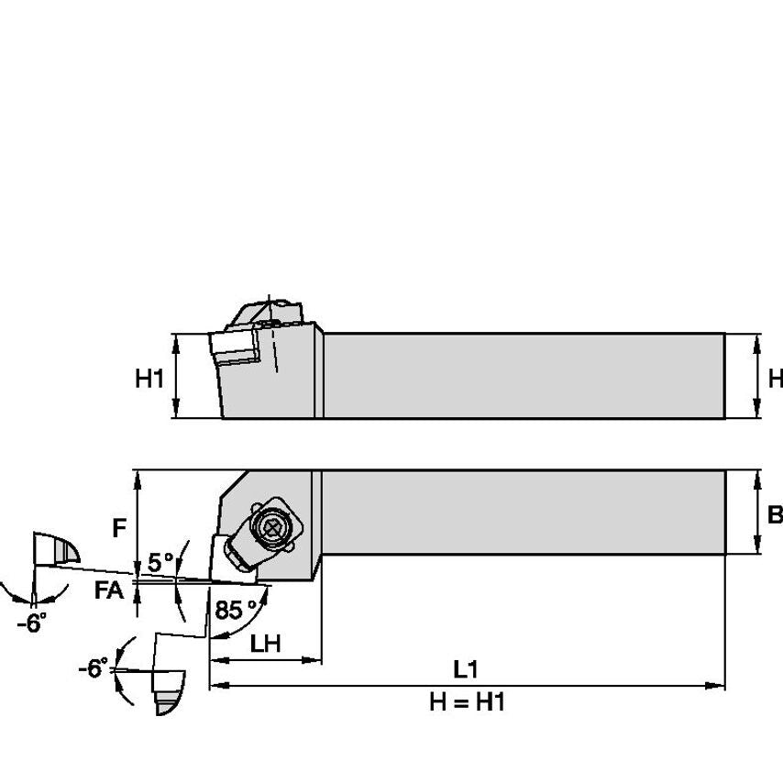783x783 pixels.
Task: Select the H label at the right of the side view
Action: coord(776,378)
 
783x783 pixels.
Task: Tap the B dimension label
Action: coord(775,514)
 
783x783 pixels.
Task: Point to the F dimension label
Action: coord(118,528)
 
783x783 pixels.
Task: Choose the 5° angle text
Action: coord(160,562)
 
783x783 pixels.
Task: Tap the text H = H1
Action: coord(467,703)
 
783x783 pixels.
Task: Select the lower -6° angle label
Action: coord(93,668)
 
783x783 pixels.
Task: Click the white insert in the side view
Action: coord(234,347)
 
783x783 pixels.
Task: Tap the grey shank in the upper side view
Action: coord(523,376)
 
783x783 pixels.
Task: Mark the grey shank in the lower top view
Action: coord(523,513)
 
